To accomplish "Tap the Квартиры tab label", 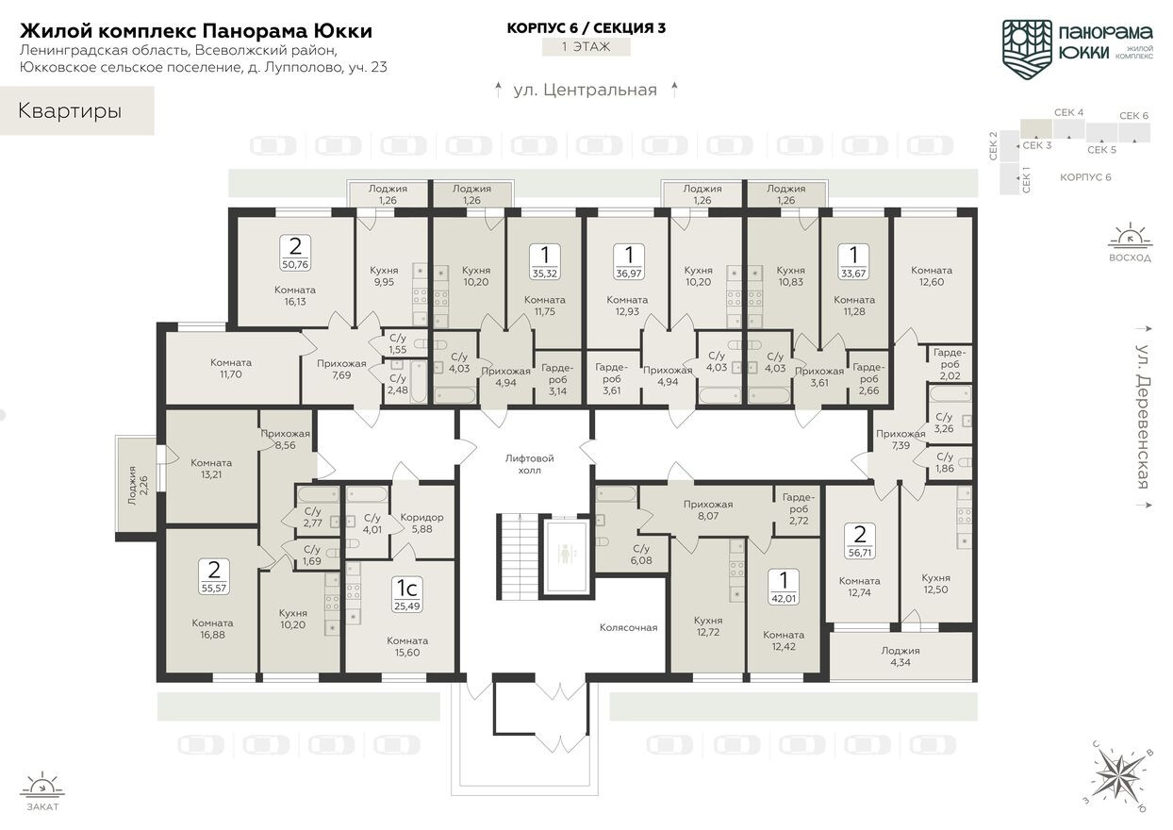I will point(70,111).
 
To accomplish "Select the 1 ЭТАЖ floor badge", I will point(586,46).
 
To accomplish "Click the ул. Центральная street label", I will point(585,91).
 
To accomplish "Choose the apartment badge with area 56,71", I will point(859,541).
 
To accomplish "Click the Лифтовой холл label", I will point(530,464).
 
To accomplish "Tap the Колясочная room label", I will point(628,627).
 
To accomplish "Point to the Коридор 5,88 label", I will point(421,523).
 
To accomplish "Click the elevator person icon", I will point(565,554).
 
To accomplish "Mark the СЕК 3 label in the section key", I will point(1037,145).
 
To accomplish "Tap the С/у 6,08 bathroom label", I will point(641,554).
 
